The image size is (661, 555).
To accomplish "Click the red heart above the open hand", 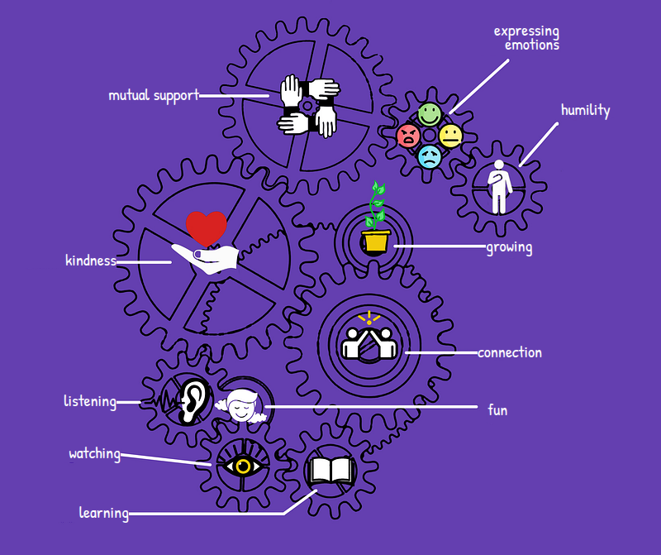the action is [207, 228].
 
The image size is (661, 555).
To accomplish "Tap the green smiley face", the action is [430, 114].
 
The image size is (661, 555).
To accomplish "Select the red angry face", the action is [408, 136].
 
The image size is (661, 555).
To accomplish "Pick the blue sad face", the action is [430, 157].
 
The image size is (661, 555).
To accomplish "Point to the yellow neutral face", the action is [450, 136].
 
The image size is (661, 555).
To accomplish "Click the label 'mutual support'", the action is [154, 95].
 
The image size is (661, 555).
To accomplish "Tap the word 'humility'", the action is [585, 110].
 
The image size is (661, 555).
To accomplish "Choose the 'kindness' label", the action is [91, 260].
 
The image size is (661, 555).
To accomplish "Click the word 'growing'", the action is [509, 247].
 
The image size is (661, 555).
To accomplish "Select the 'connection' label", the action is [510, 352].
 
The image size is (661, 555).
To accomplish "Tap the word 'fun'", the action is [497, 409].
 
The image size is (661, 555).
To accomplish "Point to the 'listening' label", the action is [90, 401].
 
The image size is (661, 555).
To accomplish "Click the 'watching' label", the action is [95, 454].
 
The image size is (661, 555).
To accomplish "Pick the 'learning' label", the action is [104, 513].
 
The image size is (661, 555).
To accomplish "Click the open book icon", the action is [332, 471].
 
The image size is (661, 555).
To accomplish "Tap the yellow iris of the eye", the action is [243, 466].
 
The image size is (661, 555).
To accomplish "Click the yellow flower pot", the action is [376, 242].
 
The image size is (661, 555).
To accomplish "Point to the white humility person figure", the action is [499, 187].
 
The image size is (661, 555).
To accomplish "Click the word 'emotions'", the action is [532, 45].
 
